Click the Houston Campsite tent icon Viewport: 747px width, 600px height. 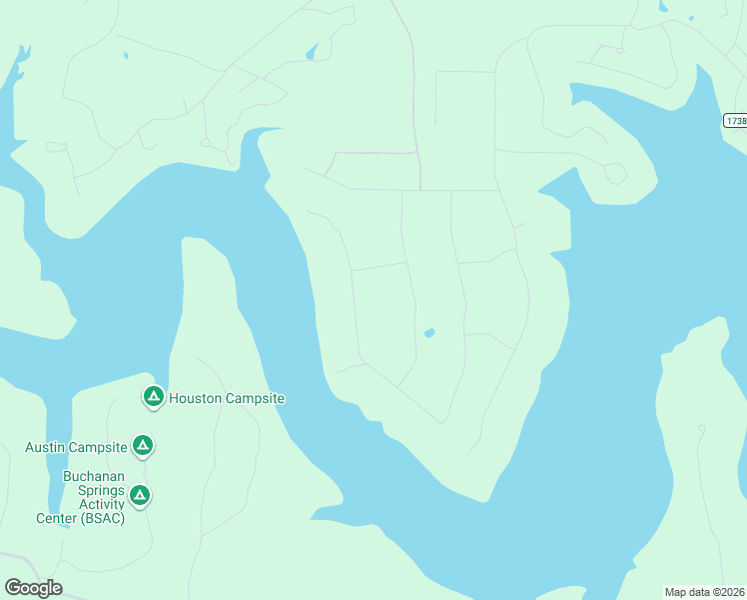tap(153, 397)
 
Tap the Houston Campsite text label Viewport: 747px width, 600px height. tap(227, 398)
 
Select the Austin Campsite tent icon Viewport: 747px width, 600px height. tap(143, 445)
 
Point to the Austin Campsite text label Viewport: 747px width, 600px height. tap(76, 447)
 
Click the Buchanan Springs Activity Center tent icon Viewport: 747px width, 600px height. tap(141, 494)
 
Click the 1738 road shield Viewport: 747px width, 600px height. tap(735, 120)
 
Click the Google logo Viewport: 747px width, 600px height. tap(33, 588)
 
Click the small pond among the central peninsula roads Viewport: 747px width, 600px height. tap(429, 333)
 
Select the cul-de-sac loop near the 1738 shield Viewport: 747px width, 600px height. tap(616, 174)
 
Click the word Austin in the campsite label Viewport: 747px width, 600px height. tap(44, 447)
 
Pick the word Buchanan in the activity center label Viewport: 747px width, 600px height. tap(94, 476)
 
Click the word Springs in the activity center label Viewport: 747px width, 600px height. tap(81, 490)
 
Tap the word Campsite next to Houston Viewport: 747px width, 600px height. tap(254, 398)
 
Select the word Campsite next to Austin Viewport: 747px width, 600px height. tap(97, 447)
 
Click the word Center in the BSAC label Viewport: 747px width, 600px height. tap(55, 518)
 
